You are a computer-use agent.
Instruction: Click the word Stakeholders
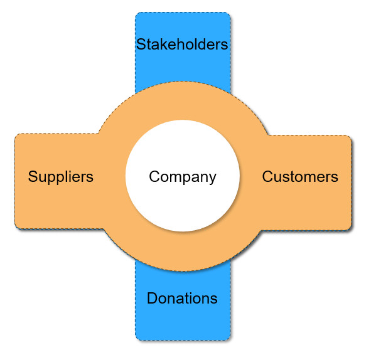click(182, 44)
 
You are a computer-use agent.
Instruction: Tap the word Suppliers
click(61, 177)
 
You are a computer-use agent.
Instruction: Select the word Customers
click(300, 177)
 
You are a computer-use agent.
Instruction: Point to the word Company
click(183, 177)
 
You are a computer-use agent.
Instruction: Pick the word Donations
click(182, 298)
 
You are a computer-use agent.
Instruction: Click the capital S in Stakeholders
click(141, 44)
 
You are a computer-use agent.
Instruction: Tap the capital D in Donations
click(153, 298)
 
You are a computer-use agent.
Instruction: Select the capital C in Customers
click(268, 177)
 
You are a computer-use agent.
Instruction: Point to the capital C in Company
click(155, 176)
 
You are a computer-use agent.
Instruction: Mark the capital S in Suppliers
click(33, 176)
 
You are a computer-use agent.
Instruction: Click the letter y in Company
click(212, 179)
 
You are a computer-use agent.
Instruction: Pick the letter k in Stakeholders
click(165, 44)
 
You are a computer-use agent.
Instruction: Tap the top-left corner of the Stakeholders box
click(136, 13)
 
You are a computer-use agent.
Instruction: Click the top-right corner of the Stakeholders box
click(230, 13)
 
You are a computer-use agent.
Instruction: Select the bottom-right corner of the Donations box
click(230, 340)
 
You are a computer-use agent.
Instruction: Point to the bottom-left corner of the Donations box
click(136, 340)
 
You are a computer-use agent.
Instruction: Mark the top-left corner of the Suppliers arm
click(15, 134)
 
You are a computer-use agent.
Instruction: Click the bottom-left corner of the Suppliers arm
click(15, 228)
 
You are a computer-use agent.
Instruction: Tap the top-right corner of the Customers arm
click(351, 135)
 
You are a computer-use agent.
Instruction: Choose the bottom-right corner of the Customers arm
click(351, 230)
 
